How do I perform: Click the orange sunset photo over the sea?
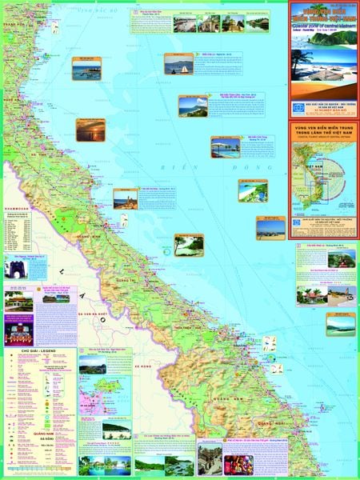point(90,130)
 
